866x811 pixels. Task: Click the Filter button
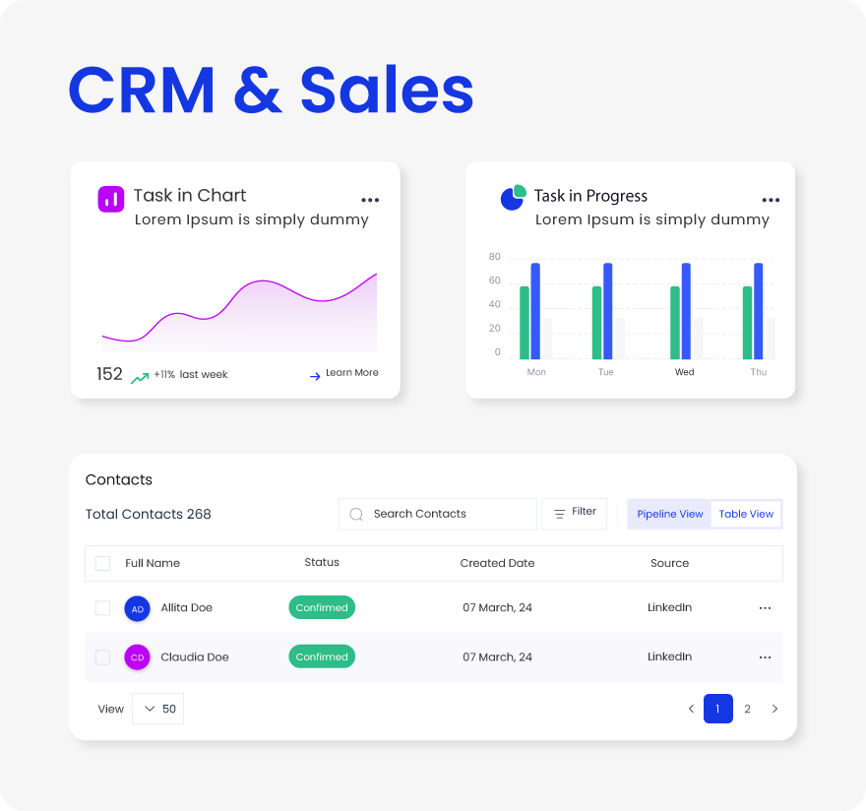575,513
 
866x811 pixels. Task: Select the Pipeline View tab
669,514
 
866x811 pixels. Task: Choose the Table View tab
746,514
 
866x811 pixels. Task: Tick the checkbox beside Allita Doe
102,608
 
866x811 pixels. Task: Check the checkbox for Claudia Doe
102,657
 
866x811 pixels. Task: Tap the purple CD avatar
138,657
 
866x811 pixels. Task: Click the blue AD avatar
138,608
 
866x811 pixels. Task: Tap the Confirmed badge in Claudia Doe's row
322,657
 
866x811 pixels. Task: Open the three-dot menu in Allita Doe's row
765,608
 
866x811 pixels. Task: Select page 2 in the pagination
747,709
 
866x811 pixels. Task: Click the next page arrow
774,709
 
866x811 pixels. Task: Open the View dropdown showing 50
158,709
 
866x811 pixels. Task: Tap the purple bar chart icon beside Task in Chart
111,198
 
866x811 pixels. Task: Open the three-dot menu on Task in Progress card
771,200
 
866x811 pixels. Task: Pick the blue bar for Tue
608,311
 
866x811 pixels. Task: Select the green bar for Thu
747,323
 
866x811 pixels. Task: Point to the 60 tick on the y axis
495,281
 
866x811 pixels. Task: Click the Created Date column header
497,563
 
